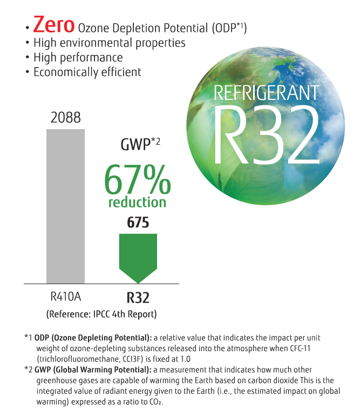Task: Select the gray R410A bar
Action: (x=66, y=206)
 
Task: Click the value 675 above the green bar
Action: (x=138, y=223)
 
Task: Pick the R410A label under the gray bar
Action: (x=66, y=297)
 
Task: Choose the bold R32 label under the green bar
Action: (x=138, y=298)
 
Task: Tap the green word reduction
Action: (x=137, y=203)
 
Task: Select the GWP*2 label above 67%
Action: (x=138, y=144)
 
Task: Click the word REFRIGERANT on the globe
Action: (x=266, y=92)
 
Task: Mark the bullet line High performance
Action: (x=78, y=57)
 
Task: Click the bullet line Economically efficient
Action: (x=87, y=72)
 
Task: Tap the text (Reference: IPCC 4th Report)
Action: (x=101, y=314)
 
